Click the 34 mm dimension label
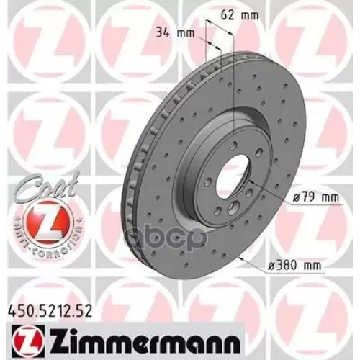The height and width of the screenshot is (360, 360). [168, 33]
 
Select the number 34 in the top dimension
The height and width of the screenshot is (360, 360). [161, 33]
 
